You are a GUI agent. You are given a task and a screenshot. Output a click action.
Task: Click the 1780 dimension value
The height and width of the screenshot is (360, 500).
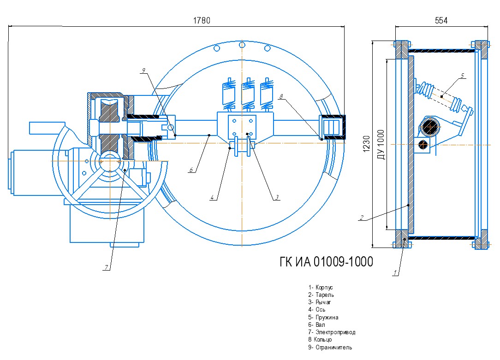click(x=202, y=20)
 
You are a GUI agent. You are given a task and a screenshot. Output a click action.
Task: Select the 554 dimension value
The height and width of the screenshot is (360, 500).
click(x=441, y=20)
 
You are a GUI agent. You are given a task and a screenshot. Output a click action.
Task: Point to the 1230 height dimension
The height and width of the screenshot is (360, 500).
click(x=366, y=144)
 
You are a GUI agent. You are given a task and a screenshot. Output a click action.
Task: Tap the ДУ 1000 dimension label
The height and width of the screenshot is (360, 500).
click(x=381, y=144)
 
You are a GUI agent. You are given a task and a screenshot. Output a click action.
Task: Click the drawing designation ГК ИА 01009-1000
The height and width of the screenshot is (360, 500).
click(x=326, y=262)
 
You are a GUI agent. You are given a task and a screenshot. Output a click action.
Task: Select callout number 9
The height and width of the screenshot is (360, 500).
click(x=143, y=71)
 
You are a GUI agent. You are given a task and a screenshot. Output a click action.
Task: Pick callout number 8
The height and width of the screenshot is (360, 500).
click(x=281, y=96)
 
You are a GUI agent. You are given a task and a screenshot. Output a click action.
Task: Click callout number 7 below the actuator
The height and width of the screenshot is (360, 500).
click(x=107, y=268)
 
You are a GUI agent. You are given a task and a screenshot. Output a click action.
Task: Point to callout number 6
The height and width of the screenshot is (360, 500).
click(x=191, y=170)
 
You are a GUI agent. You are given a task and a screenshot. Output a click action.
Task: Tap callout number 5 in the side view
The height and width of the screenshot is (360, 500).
click(x=462, y=76)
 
